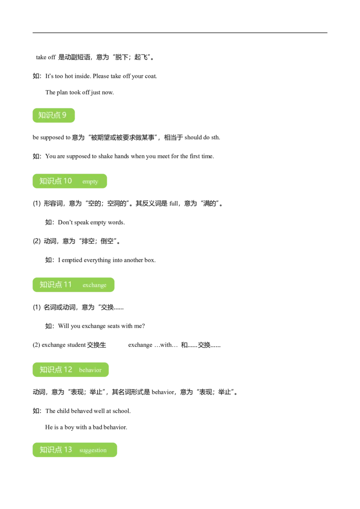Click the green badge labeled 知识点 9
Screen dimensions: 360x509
pyautogui.click(x=54, y=115)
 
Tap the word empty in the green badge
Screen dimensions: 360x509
pyautogui.click(x=90, y=182)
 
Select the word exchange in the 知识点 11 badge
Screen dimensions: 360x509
pyautogui.click(x=94, y=285)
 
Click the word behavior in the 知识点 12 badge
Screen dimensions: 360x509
pyautogui.click(x=90, y=370)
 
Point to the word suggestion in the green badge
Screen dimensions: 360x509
pyautogui.click(x=93, y=450)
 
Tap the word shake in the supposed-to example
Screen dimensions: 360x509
pyautogui.click(x=105, y=156)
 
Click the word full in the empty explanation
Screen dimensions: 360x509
pyautogui.click(x=174, y=204)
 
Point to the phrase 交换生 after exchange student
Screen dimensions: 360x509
pyautogui.click(x=96, y=345)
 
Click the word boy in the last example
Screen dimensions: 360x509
pyautogui.click(x=69, y=428)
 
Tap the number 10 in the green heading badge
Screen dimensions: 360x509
pyautogui.click(x=67, y=181)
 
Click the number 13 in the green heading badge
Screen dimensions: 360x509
pyautogui.click(x=67, y=450)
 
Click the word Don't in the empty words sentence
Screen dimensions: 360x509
pyautogui.click(x=65, y=223)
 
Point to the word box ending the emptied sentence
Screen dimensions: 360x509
pyautogui.click(x=150, y=260)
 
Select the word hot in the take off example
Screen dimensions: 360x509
pyautogui.click(x=68, y=76)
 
